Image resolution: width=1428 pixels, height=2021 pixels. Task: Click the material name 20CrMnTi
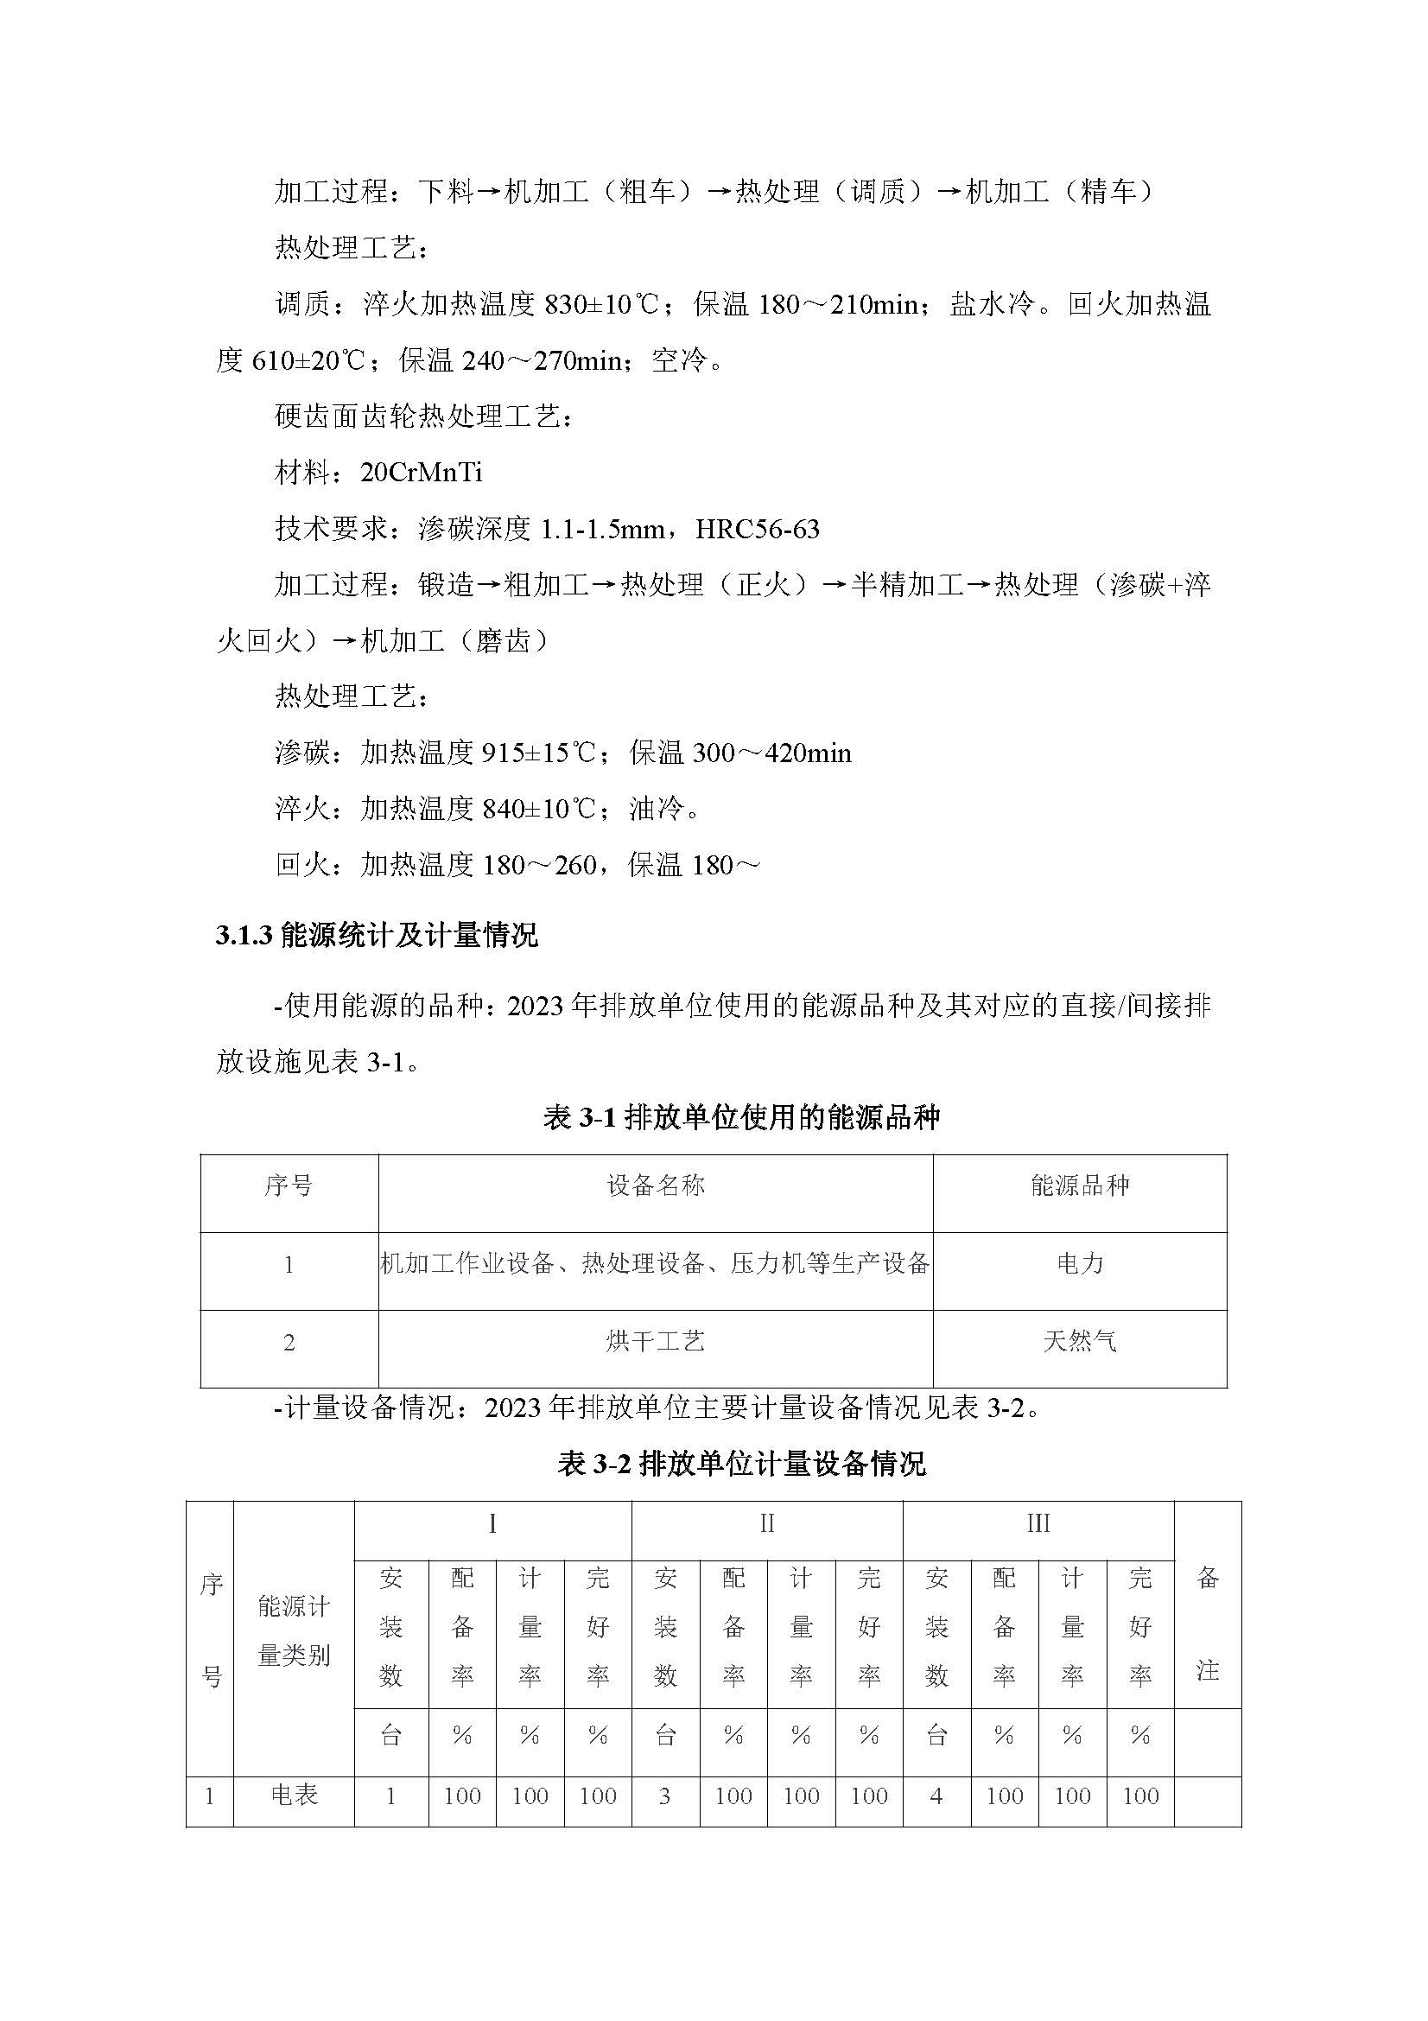tap(421, 473)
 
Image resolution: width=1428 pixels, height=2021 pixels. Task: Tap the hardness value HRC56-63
tap(757, 529)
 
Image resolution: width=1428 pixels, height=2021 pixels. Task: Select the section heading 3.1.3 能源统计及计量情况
tap(377, 935)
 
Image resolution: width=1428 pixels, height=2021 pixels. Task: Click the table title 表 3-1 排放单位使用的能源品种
tap(742, 1118)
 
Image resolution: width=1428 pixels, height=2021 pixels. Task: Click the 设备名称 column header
tap(656, 1185)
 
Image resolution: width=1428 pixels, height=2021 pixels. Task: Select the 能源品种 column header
tap(1080, 1185)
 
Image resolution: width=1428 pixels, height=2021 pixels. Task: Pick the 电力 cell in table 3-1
tap(1080, 1264)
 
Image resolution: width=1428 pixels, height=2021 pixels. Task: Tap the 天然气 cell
tap(1080, 1342)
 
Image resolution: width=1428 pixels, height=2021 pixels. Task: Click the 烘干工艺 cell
tap(656, 1342)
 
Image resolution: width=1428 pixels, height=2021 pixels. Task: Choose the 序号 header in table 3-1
tap(289, 1185)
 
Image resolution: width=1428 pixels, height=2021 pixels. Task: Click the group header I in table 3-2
tap(492, 1523)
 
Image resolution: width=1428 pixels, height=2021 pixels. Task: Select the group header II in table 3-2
tap(767, 1523)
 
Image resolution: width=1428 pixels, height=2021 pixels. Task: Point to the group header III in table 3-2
tap(1038, 1523)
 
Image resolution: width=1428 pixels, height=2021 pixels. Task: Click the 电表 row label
tap(294, 1796)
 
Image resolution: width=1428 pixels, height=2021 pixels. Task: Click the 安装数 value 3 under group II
tap(665, 1796)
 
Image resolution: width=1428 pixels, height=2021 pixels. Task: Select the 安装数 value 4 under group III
tap(936, 1796)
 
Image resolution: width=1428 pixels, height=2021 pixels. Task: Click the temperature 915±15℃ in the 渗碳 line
tap(539, 753)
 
